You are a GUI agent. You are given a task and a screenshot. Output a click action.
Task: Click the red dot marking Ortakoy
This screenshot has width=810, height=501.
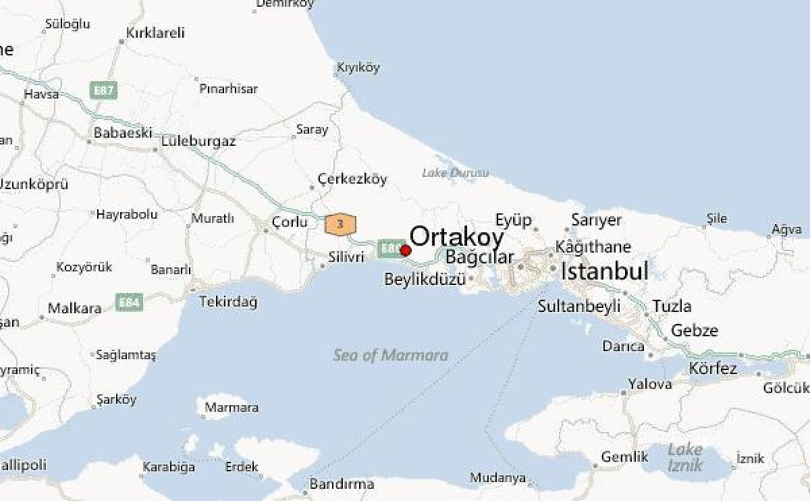click(406, 250)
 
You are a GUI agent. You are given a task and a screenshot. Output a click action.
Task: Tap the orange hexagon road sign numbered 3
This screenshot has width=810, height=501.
click(340, 223)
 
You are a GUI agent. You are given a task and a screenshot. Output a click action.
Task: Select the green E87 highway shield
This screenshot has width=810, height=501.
click(104, 90)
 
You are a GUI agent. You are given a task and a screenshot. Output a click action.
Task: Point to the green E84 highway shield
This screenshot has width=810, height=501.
click(129, 302)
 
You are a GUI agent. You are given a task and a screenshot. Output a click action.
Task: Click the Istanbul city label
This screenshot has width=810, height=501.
click(605, 271)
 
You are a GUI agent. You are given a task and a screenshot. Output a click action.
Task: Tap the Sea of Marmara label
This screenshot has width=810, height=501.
click(390, 355)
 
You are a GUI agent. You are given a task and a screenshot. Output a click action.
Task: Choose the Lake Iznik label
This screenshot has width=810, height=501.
click(684, 457)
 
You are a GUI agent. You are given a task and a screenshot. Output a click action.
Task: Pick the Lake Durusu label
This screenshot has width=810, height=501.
click(455, 173)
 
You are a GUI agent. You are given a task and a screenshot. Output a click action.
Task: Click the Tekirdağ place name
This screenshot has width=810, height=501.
click(228, 302)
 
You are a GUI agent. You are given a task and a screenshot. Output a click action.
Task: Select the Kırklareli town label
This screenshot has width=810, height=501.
click(155, 33)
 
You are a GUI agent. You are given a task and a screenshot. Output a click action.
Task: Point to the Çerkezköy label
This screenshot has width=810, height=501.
click(352, 179)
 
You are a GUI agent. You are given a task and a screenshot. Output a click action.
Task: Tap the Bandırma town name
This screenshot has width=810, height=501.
click(342, 484)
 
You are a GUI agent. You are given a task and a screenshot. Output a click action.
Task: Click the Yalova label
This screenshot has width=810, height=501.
click(650, 384)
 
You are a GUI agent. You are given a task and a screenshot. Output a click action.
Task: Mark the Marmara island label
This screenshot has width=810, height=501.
click(231, 408)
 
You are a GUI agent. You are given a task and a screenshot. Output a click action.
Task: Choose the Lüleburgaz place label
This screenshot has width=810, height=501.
click(198, 142)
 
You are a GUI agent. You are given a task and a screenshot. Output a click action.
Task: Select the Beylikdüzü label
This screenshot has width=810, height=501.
click(425, 279)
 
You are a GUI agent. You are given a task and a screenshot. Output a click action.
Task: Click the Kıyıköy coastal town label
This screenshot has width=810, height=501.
click(358, 68)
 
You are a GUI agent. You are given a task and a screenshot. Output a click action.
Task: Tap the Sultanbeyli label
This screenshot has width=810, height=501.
click(578, 307)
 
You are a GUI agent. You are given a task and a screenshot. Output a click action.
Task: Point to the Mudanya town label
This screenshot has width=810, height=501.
click(498, 478)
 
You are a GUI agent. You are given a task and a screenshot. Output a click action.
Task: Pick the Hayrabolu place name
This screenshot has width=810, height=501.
click(127, 214)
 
